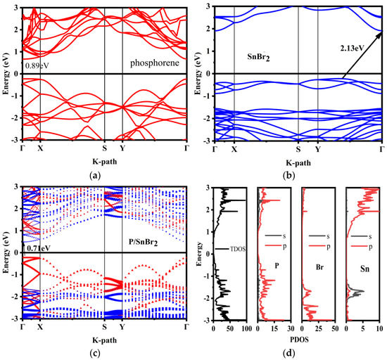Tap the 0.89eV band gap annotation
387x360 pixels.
coord(34,65)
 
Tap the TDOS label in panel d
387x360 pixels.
coord(235,250)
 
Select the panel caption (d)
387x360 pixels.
coord(296,352)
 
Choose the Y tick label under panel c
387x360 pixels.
coord(122,328)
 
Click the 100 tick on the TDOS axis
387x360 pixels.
coord(246,327)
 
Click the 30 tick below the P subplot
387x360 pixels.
coord(291,327)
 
